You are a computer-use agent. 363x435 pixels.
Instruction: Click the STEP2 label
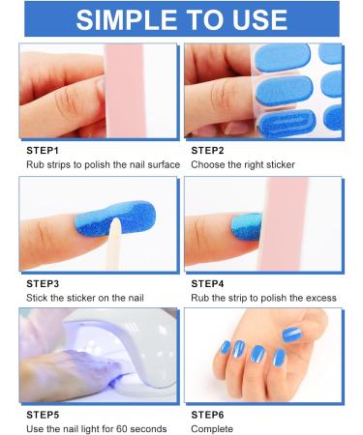[209, 151]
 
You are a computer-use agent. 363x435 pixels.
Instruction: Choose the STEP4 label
[209, 284]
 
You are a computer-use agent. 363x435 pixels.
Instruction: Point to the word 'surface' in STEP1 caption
[161, 164]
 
